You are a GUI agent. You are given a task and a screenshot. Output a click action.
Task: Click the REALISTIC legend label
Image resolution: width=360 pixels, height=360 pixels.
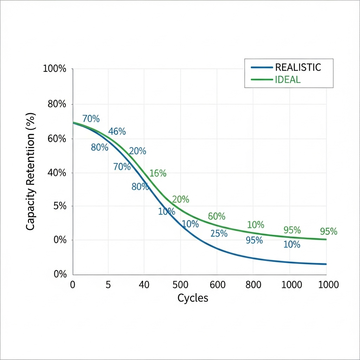[x=298, y=67]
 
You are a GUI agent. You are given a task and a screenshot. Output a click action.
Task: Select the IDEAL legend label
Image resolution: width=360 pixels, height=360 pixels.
[x=288, y=79]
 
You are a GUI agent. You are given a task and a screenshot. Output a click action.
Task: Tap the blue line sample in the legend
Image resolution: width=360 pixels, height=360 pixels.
[x=262, y=67]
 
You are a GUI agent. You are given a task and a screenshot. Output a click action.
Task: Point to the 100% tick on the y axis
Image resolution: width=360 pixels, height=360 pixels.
[x=54, y=69]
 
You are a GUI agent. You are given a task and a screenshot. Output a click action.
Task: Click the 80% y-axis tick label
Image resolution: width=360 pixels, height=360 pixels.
[x=57, y=104]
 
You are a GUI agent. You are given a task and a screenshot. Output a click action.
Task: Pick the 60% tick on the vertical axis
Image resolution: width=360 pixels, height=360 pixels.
[x=57, y=139]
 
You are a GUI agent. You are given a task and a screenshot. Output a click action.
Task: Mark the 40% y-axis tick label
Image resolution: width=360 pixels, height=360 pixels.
[x=57, y=173]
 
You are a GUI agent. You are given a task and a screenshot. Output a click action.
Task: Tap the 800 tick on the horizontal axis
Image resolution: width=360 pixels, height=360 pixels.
[x=253, y=284]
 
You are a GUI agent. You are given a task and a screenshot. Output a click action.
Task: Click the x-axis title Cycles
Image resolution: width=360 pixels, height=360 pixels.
[x=193, y=298]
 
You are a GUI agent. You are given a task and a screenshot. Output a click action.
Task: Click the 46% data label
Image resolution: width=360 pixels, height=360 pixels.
[x=117, y=131]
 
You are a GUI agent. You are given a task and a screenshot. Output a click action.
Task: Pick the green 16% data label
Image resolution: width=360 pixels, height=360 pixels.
[x=158, y=173]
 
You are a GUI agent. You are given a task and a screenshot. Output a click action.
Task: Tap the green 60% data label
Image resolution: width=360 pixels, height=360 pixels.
[x=217, y=216]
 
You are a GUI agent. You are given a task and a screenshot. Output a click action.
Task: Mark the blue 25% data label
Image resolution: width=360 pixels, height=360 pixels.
[x=219, y=233]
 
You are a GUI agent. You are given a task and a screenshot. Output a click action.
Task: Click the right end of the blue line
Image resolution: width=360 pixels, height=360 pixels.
[x=326, y=264]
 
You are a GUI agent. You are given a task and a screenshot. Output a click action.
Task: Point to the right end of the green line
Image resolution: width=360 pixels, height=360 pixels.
[x=326, y=239]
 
